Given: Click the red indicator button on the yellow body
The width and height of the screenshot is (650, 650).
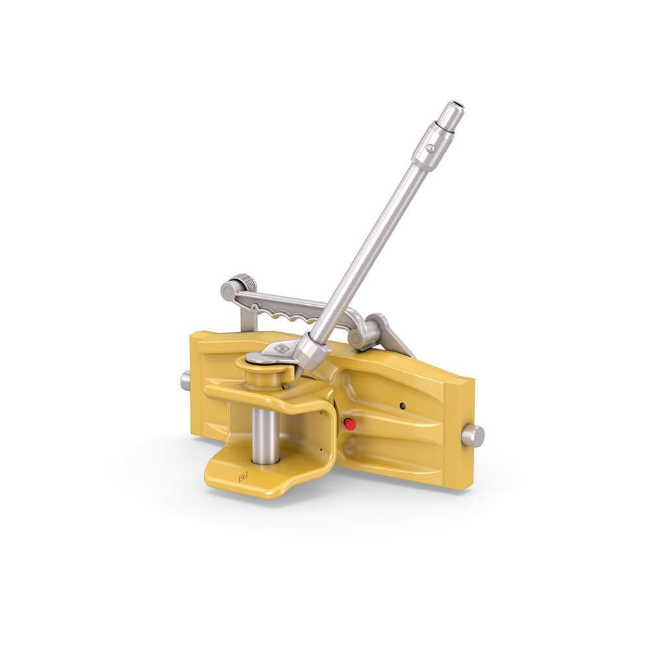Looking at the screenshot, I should click(x=350, y=424).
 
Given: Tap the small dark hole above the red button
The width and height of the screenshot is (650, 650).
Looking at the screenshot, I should click(x=402, y=406).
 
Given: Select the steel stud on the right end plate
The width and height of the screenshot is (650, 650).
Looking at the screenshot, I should click(x=473, y=435).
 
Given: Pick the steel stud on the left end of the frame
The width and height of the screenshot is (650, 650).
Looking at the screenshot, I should click(x=185, y=381).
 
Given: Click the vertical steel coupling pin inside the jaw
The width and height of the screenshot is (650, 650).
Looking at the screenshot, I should click(x=265, y=435).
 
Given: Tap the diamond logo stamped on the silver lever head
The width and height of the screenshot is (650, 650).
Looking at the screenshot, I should click(x=282, y=349).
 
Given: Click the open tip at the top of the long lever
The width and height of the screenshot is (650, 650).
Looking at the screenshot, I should click(x=454, y=105).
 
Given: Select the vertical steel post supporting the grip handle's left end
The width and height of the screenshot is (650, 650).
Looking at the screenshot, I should click(x=248, y=318).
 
